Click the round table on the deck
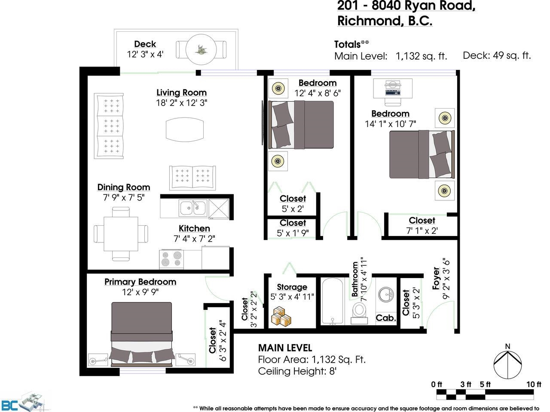tap(201, 49)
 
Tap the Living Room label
tap(182, 93)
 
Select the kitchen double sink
tap(193, 208)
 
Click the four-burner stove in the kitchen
tap(171, 259)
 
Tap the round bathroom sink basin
tap(386, 294)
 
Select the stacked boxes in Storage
tap(281, 316)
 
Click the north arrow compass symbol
tap(507, 362)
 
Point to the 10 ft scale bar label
tap(534, 384)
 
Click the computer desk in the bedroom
tap(393, 88)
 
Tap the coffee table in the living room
tap(185, 130)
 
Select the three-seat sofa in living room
tap(109, 126)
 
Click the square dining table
tap(121, 234)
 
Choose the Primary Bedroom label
tap(141, 282)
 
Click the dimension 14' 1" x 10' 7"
tap(390, 124)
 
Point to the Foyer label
tap(436, 279)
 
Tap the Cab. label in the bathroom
tap(386, 318)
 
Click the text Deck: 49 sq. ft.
tap(497, 55)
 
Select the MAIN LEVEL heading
tap(285, 348)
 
